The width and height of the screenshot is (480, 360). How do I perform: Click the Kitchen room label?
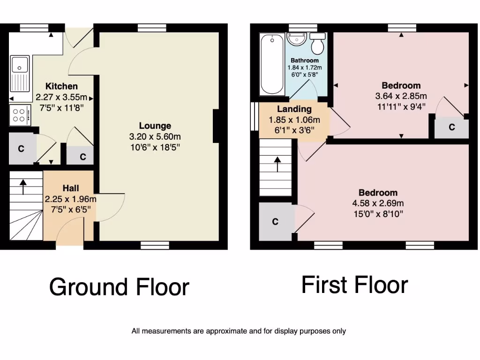point(61,86)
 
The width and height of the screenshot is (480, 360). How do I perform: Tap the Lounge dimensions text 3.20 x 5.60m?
point(155,136)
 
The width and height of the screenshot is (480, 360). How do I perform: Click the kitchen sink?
point(20,73)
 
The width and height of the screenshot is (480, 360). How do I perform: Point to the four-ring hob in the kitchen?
point(19,115)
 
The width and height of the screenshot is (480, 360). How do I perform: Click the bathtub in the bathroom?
point(272,64)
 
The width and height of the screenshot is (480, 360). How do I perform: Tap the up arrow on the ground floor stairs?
point(23,186)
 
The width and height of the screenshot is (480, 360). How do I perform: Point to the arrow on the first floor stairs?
point(277,164)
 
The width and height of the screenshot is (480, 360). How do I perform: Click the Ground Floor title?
point(119,287)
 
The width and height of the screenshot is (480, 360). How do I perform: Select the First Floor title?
point(354,285)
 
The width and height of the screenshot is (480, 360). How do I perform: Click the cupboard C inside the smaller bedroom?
point(451,127)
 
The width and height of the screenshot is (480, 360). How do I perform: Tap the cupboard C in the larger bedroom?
point(276,222)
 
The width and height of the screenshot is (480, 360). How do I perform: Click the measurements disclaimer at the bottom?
point(239,331)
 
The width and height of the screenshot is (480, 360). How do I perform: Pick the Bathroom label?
point(305,60)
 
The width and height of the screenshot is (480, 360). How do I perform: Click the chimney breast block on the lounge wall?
point(216,126)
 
